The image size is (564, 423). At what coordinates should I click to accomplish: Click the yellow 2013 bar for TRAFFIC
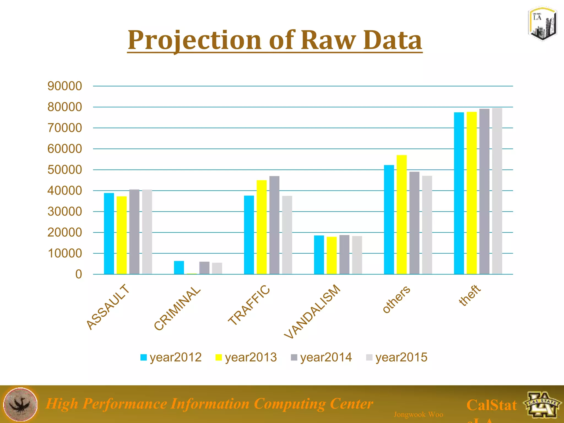pos(262,227)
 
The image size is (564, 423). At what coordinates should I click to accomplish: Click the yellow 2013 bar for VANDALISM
pos(332,256)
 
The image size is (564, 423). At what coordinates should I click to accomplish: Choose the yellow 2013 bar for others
pos(402,215)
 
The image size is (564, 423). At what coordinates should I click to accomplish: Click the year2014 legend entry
pos(321,357)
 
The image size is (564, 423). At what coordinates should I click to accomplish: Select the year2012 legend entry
pos(171,357)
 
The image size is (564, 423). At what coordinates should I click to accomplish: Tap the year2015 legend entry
pos(397,357)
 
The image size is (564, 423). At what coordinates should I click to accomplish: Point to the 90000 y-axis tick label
pos(65,86)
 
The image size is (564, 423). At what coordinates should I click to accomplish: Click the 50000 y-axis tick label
pos(65,170)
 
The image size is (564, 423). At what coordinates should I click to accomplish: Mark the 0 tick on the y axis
pos(78,274)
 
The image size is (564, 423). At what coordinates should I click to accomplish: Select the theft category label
pos(470,295)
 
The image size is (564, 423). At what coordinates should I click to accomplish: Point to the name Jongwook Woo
pos(418,414)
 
